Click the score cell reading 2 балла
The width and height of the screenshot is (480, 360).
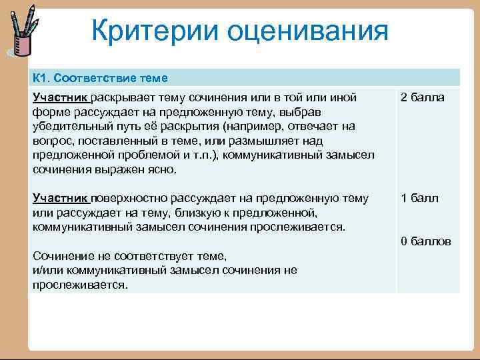coord(422,98)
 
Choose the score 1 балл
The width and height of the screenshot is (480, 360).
coord(419,198)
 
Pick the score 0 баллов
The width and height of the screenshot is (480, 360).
coord(425,241)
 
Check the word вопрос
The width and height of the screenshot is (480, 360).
coord(50,141)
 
